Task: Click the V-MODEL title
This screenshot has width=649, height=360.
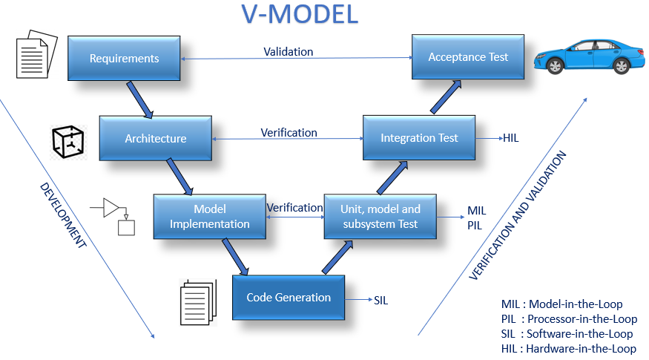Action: coord(300,14)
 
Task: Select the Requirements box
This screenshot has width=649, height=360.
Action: coord(125,59)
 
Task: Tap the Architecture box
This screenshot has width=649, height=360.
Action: coord(156,138)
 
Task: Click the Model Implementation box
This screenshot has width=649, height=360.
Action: coord(210,217)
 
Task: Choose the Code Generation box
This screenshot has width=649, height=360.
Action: coord(289,298)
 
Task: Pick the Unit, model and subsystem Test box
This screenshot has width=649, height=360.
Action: coord(380,217)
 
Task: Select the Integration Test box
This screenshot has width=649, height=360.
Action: coord(419,137)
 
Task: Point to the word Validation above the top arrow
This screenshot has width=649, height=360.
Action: coord(289,52)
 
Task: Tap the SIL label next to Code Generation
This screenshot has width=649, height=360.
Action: coord(380,301)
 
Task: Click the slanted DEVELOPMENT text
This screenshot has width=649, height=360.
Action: coord(62,215)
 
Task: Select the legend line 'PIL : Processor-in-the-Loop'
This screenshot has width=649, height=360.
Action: coord(569,319)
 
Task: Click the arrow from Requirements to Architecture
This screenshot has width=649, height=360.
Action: coord(139,99)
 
